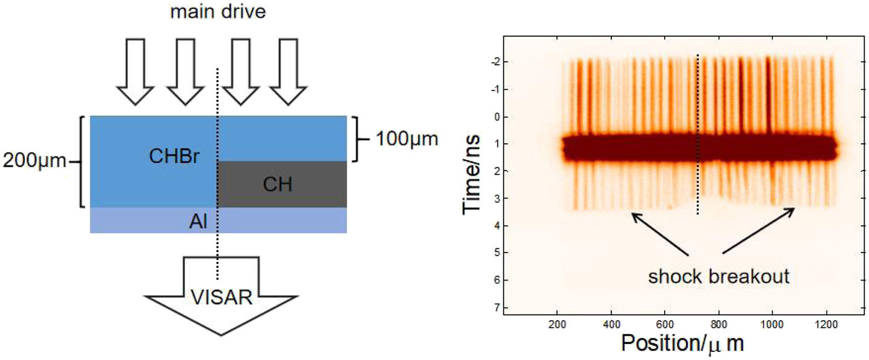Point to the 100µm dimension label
[x=407, y=139]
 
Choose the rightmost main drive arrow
[x=292, y=71]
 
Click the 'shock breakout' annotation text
[x=719, y=276]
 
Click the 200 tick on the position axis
[x=558, y=324]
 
